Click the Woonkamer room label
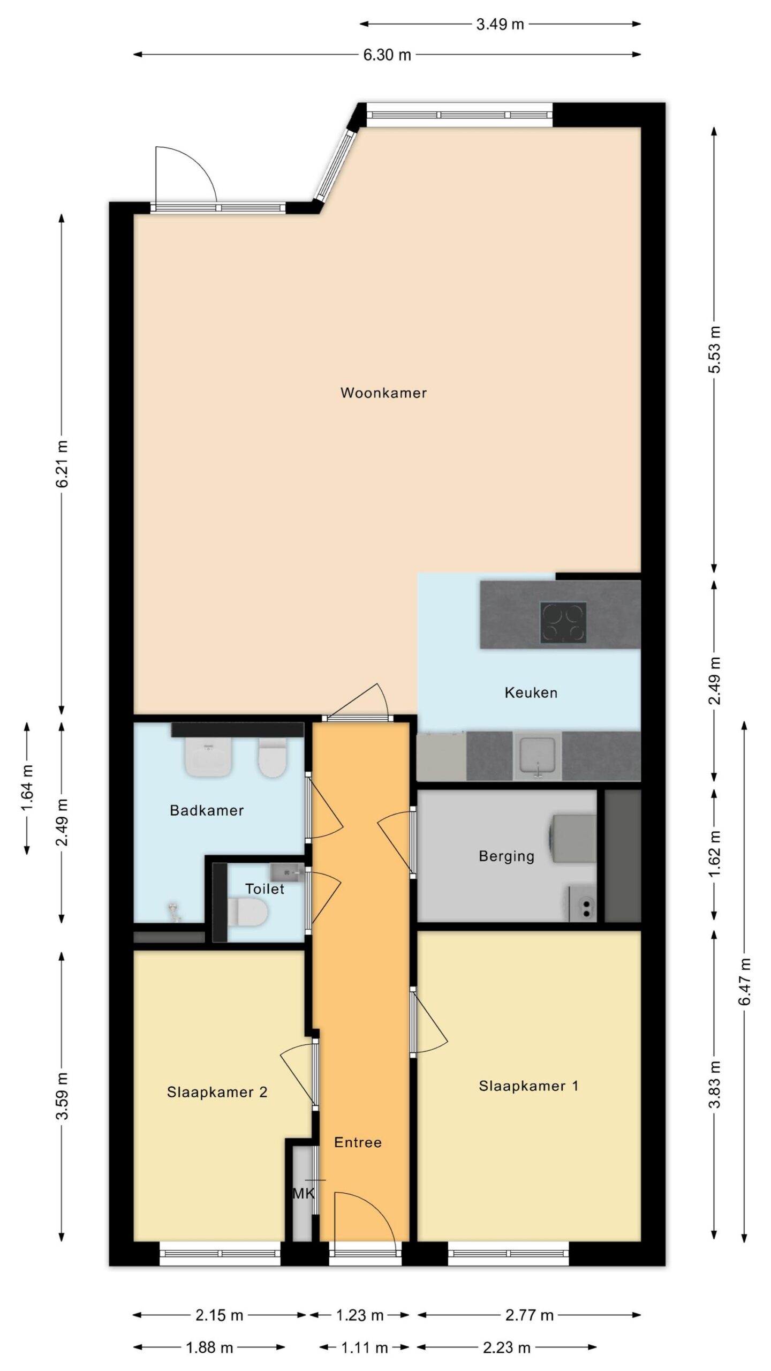[383, 393]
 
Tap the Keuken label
[531, 693]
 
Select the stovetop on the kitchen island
[563, 622]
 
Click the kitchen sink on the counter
[538, 756]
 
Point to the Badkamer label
[207, 811]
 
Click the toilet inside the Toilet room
[247, 912]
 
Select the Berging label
[507, 856]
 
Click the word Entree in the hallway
[358, 1142]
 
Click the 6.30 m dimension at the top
[387, 55]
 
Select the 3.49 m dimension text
[500, 24]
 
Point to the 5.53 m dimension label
[715, 349]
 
